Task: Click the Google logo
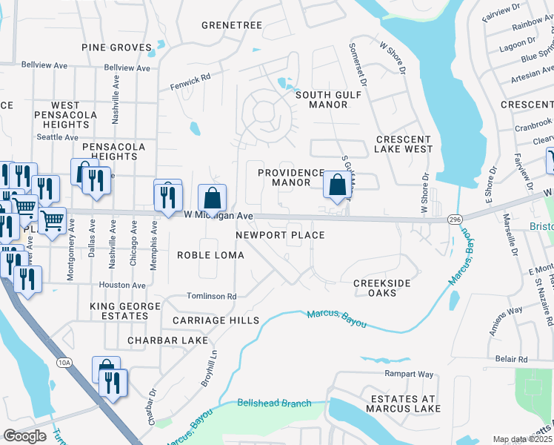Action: [25, 436]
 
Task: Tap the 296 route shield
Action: [455, 220]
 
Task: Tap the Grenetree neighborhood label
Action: [232, 25]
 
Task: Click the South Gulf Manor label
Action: [321, 99]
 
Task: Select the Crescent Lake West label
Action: [404, 144]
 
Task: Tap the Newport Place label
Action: [280, 235]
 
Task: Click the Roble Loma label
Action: [210, 255]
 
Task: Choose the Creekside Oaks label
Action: [384, 288]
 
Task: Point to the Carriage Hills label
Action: [216, 320]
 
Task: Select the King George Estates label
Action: [125, 311]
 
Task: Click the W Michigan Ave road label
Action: [218, 215]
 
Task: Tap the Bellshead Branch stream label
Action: [274, 403]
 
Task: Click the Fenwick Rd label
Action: [190, 76]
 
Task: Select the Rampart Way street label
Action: [408, 374]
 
